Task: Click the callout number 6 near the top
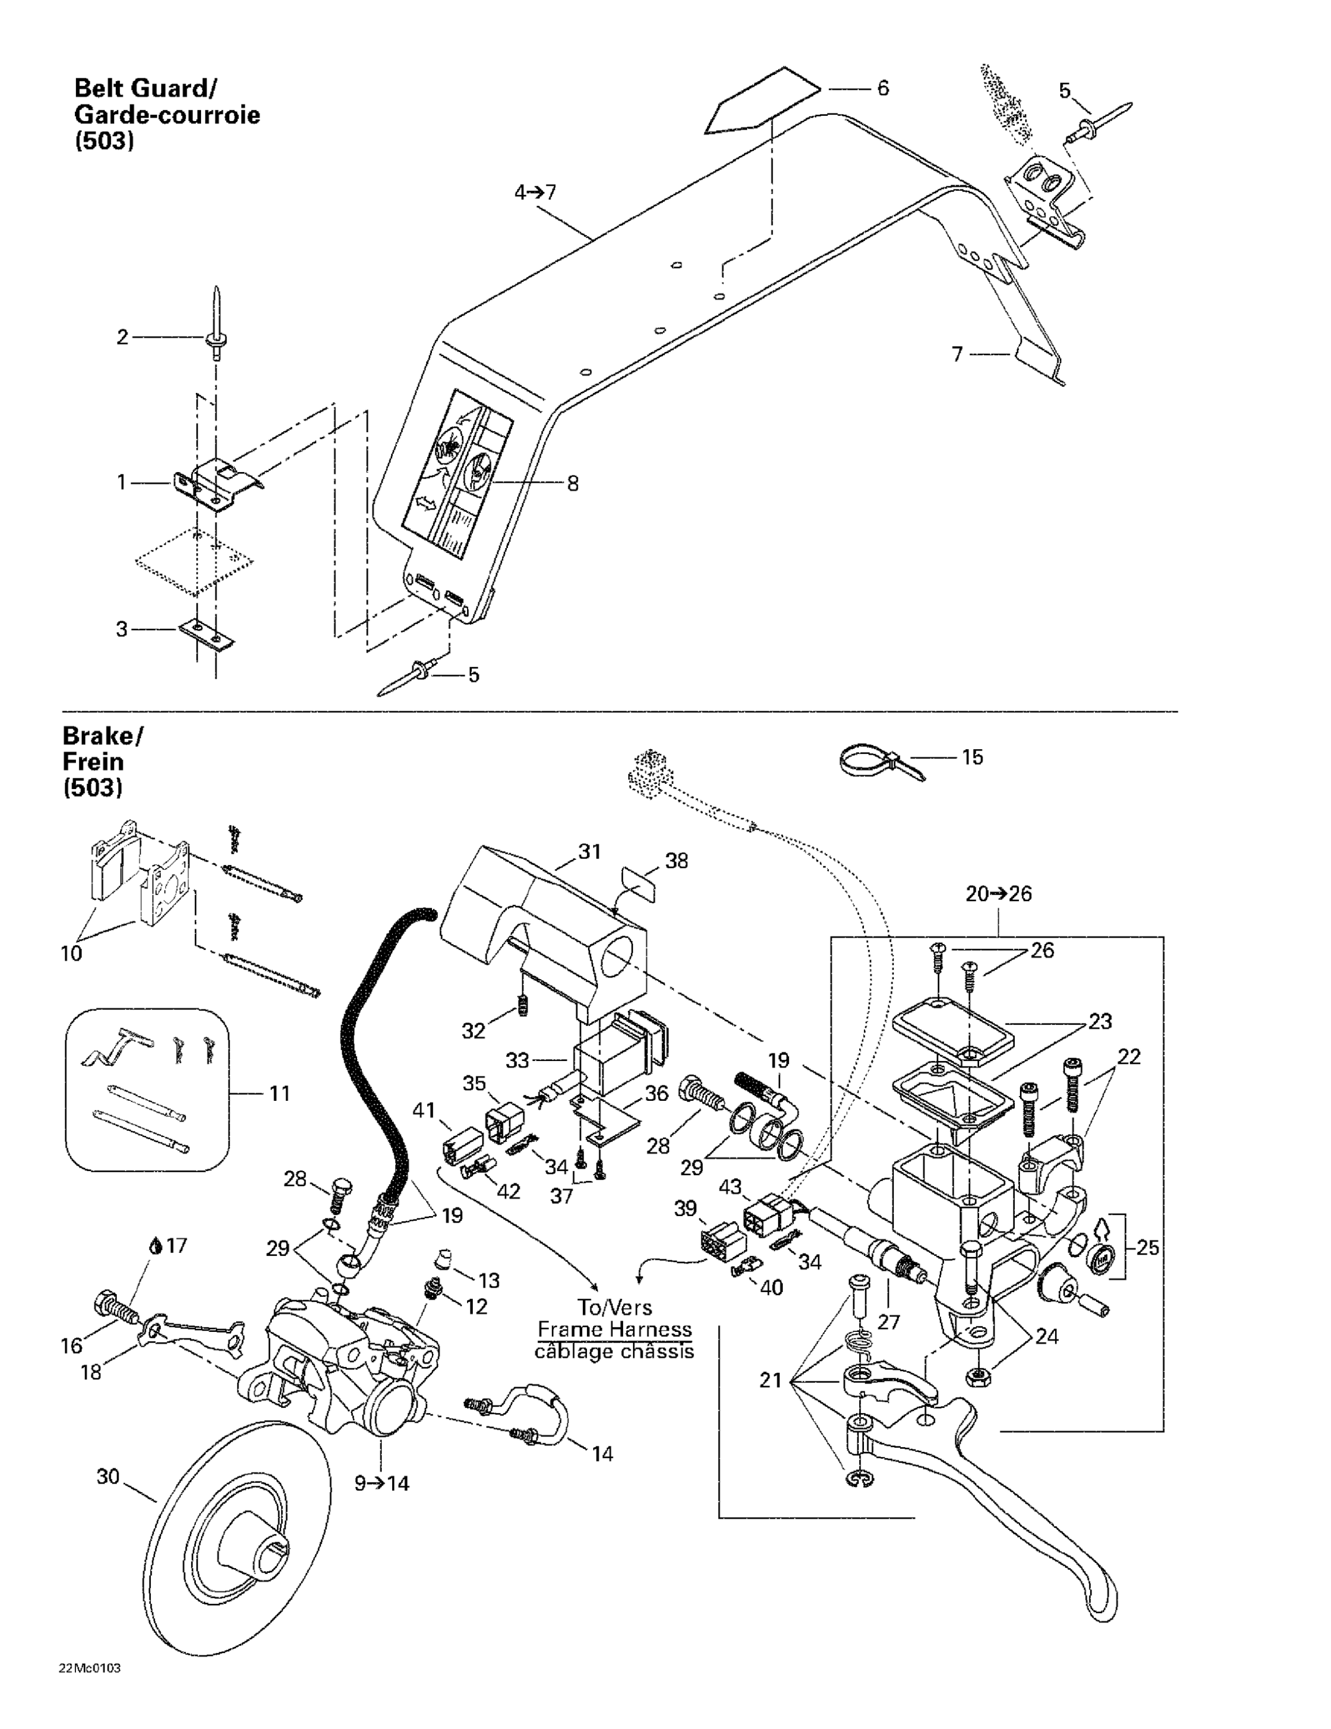tap(883, 88)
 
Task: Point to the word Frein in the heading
tap(93, 761)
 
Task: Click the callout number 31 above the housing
tap(590, 852)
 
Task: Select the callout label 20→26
tap(999, 894)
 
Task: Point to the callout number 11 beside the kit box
tap(279, 1093)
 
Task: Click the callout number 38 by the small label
tap(677, 860)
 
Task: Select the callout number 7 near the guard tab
tap(957, 354)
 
